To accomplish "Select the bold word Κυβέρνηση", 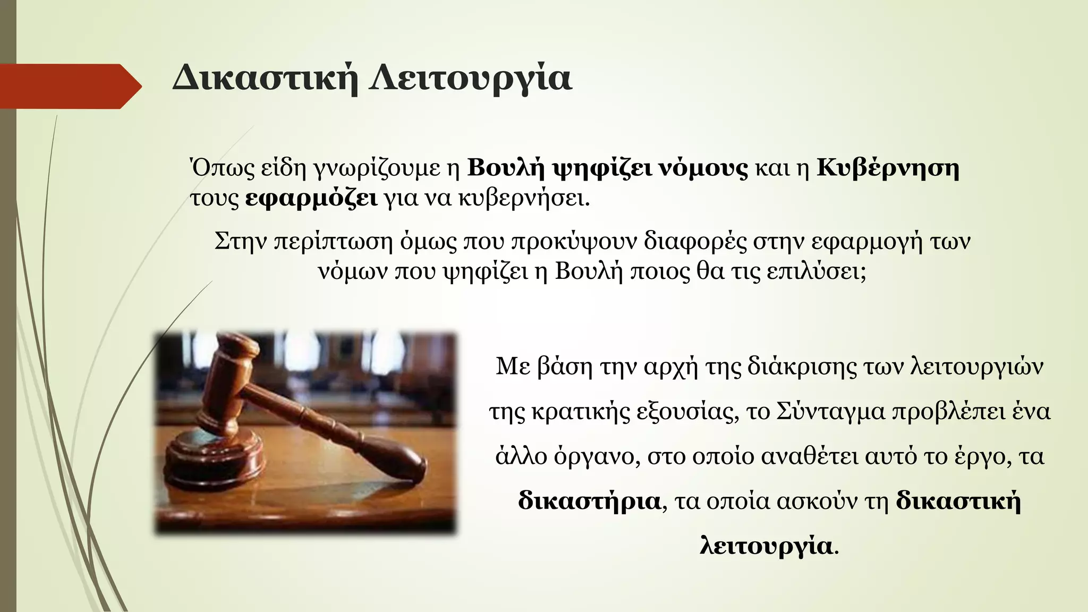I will click(x=888, y=168).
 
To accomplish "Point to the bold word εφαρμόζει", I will click(x=312, y=199).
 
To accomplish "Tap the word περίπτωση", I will click(x=333, y=242).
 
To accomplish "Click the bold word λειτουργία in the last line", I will click(x=766, y=546).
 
